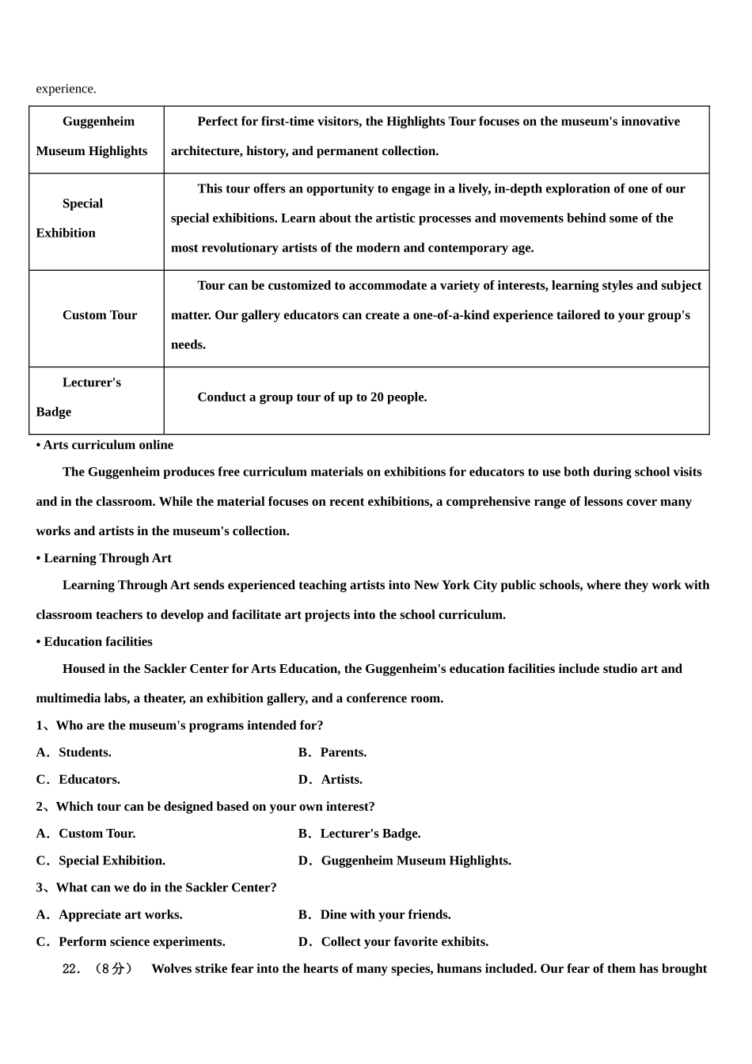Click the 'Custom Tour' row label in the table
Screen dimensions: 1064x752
pyautogui.click(x=100, y=315)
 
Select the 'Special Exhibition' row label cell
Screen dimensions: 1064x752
pyautogui.click(x=82, y=218)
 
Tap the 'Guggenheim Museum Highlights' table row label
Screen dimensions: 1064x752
pyautogui.click(x=93, y=136)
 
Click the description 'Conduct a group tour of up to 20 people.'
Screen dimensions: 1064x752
pyautogui.click(x=312, y=397)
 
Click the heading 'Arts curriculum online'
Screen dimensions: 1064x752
pyautogui.click(x=104, y=445)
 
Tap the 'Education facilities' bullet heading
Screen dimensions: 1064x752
pyautogui.click(x=94, y=642)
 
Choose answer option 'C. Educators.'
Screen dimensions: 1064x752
pyautogui.click(x=78, y=780)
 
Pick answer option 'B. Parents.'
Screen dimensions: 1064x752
pyautogui.click(x=332, y=753)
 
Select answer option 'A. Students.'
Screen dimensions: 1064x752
pyautogui.click(x=74, y=753)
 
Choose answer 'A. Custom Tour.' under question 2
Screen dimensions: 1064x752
pyautogui.click(x=86, y=834)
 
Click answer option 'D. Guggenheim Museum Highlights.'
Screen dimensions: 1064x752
pyautogui.click(x=404, y=861)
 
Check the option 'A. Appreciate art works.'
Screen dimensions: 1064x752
pyautogui.click(x=109, y=915)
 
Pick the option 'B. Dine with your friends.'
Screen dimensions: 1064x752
pyautogui.click(x=374, y=915)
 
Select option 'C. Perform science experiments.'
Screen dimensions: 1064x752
pyautogui.click(x=131, y=942)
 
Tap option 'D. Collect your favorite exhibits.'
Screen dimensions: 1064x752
pyautogui.click(x=393, y=942)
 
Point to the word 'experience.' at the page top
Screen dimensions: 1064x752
pyautogui.click(x=66, y=89)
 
